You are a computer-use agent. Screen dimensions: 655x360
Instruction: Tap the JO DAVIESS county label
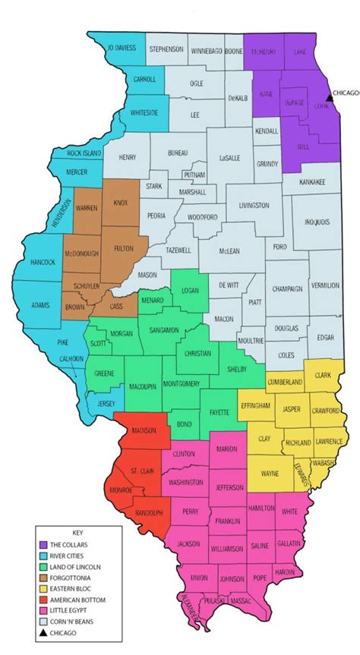[x=122, y=48]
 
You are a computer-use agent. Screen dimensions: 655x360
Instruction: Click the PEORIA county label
[x=156, y=216]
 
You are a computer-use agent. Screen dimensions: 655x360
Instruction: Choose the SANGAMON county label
[x=164, y=330]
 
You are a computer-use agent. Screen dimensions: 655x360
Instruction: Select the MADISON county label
[x=134, y=430]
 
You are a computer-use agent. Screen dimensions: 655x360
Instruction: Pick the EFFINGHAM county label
[x=254, y=406]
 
